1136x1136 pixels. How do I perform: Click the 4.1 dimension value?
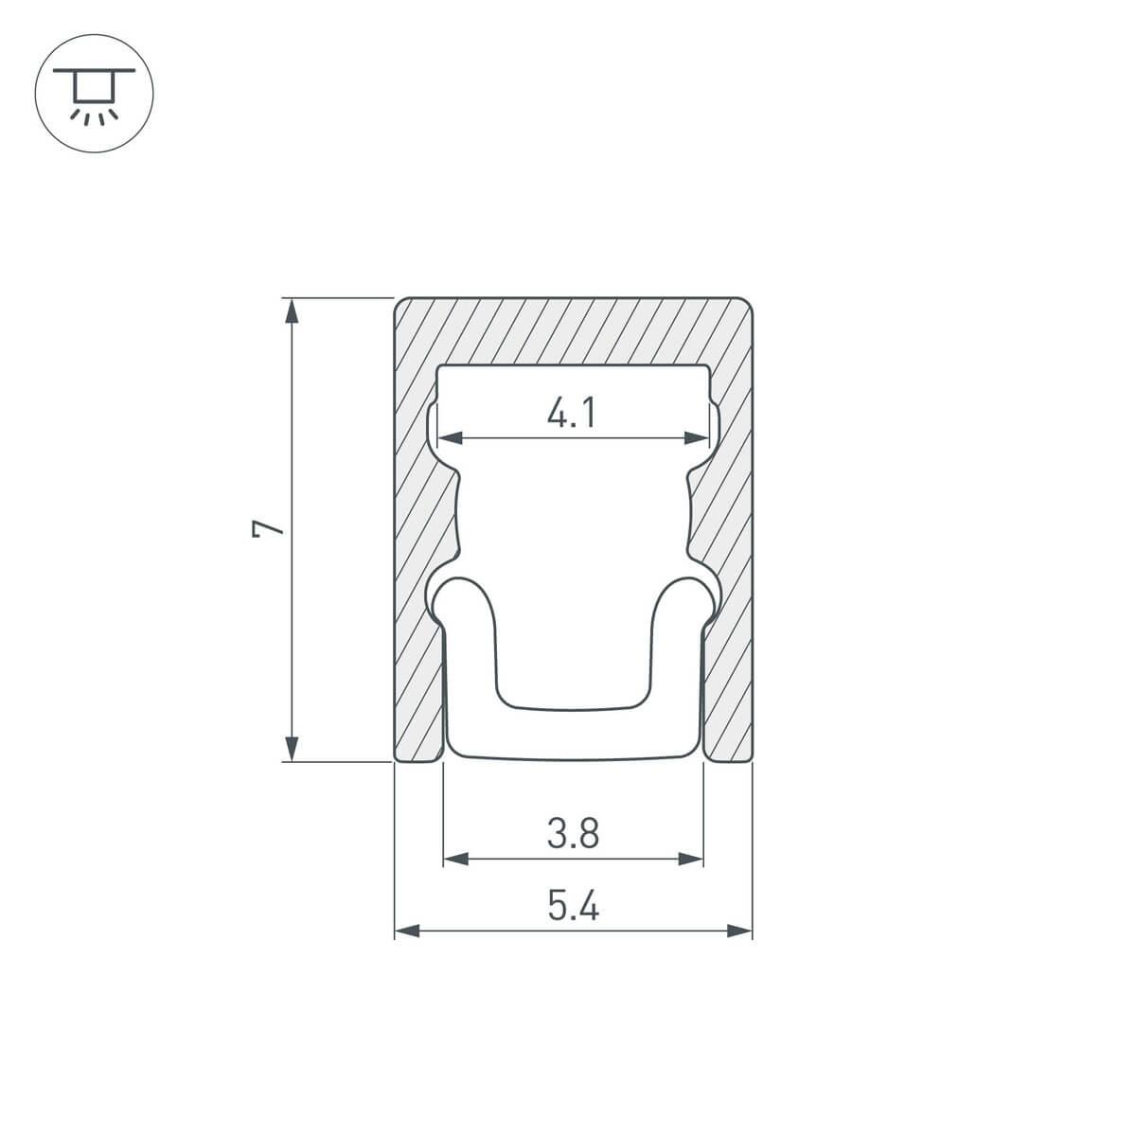pyautogui.click(x=572, y=414)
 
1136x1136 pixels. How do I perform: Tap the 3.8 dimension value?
pyautogui.click(x=574, y=834)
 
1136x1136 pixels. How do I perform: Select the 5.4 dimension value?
pyautogui.click(x=574, y=908)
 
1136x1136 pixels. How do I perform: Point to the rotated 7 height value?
pyautogui.click(x=269, y=528)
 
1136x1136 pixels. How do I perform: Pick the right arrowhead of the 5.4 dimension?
pyautogui.click(x=739, y=932)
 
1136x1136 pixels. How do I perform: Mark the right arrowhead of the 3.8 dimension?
pyautogui.click(x=691, y=859)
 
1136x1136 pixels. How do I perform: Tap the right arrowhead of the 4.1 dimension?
pyautogui.click(x=697, y=437)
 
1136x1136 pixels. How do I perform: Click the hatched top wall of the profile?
pyautogui.click(x=574, y=331)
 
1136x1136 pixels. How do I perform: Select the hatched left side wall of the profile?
pyautogui.click(x=417, y=568)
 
